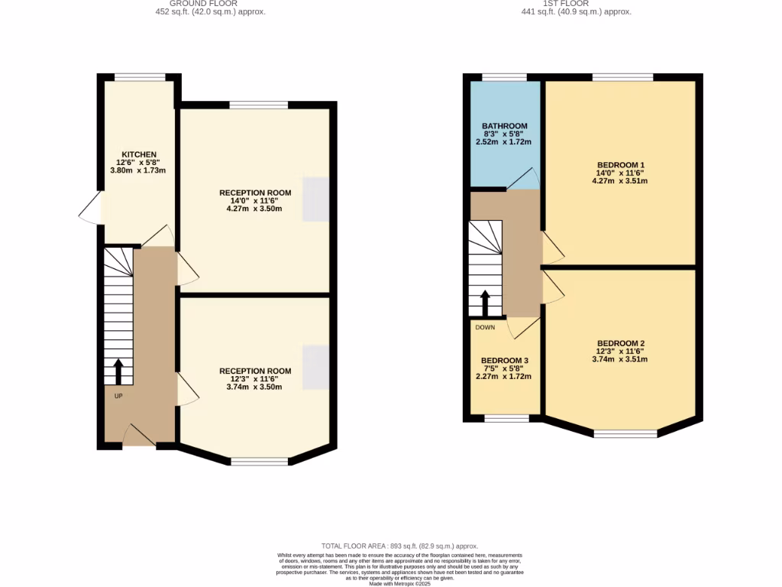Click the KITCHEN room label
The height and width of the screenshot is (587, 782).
coord(138,154)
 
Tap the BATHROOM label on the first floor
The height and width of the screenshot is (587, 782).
coord(504,126)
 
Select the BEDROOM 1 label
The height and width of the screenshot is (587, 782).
coord(620,165)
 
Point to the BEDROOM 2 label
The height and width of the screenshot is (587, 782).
coord(620,343)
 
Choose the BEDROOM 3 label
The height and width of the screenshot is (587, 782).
coord(504,360)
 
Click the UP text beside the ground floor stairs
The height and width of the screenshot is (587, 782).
coord(118,396)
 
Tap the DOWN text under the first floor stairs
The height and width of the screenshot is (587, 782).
coord(485,327)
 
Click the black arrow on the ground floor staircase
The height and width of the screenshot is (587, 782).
coord(118,372)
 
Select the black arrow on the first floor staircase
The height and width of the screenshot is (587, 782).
coord(485,303)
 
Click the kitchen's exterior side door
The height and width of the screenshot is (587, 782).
coord(90,208)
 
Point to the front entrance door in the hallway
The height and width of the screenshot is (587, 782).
coord(138,436)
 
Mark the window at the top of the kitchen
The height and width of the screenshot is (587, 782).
coord(139,76)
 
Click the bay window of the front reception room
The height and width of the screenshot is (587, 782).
coord(260,462)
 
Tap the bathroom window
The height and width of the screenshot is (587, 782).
coord(504,77)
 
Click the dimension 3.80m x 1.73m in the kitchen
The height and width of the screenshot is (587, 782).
coord(138,170)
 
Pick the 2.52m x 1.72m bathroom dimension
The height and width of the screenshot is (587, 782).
coord(504,141)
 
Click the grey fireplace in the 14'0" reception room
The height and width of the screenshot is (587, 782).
coord(316,199)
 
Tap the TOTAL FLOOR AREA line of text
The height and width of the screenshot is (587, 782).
coord(391,546)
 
